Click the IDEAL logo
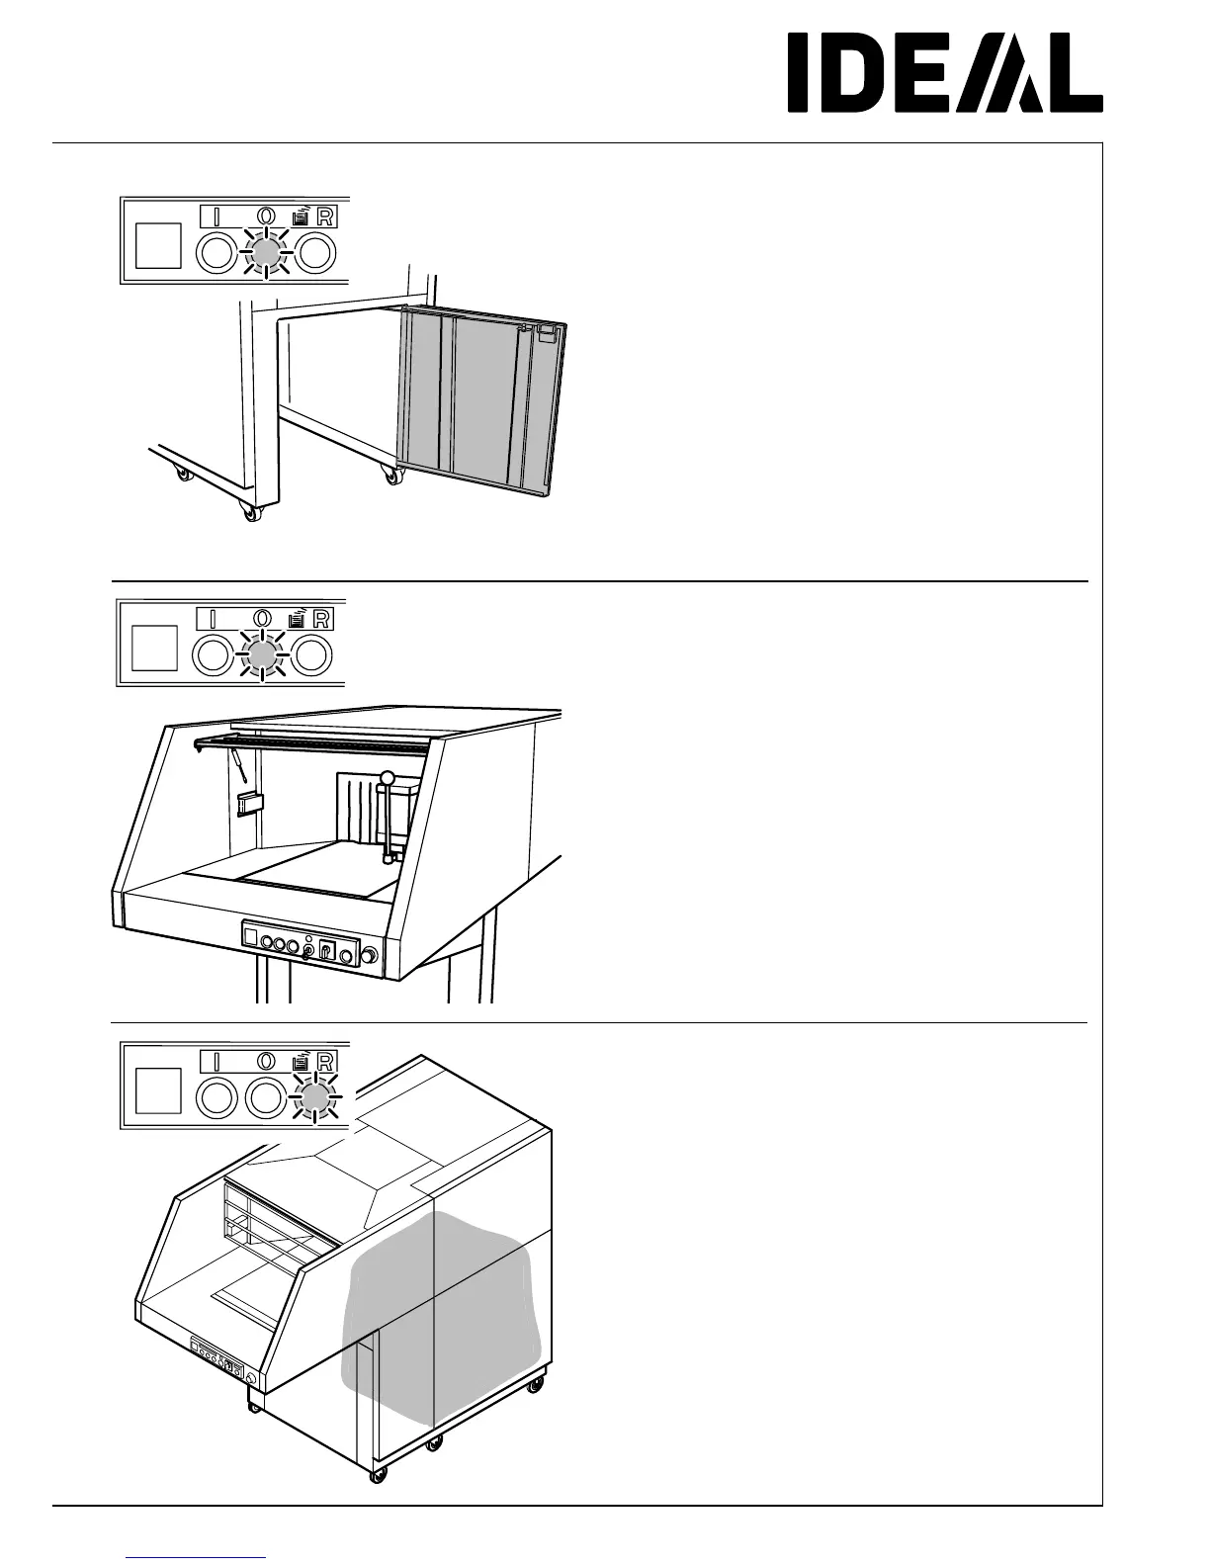(x=944, y=74)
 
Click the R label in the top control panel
(x=324, y=217)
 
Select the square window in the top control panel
(x=157, y=245)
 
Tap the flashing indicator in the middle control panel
(x=262, y=654)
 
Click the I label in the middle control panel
(x=214, y=619)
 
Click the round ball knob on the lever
(x=388, y=778)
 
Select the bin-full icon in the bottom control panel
(x=299, y=1061)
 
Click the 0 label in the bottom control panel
(x=265, y=1061)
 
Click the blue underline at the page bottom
(x=196, y=1556)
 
